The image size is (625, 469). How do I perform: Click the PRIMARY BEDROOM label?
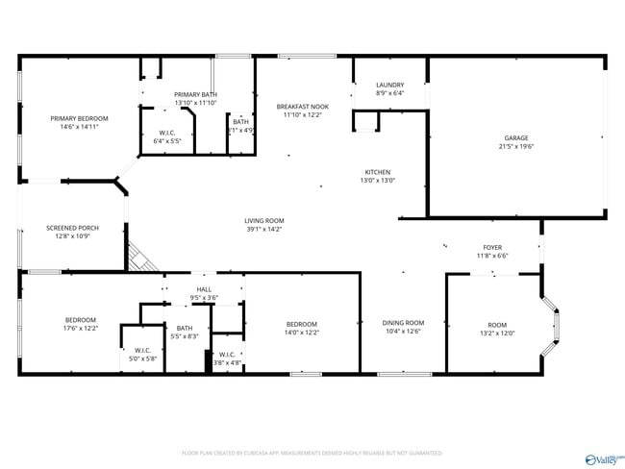pyautogui.click(x=80, y=118)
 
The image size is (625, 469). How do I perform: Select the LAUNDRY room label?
pyautogui.click(x=389, y=85)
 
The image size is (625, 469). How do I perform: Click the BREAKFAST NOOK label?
pyautogui.click(x=303, y=106)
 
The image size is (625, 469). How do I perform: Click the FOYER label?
pyautogui.click(x=491, y=247)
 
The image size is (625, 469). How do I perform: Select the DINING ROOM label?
pyautogui.click(x=403, y=323)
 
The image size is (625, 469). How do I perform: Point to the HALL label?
pyautogui.click(x=204, y=288)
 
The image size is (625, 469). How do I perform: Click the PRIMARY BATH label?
pyautogui.click(x=195, y=93)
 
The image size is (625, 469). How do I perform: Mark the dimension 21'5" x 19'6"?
pyautogui.click(x=516, y=147)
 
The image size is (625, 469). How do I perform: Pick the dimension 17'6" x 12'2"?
pyautogui.click(x=81, y=329)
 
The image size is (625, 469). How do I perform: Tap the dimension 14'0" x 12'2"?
pyautogui.click(x=302, y=333)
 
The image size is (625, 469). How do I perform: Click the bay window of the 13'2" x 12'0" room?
pyautogui.click(x=555, y=324)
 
